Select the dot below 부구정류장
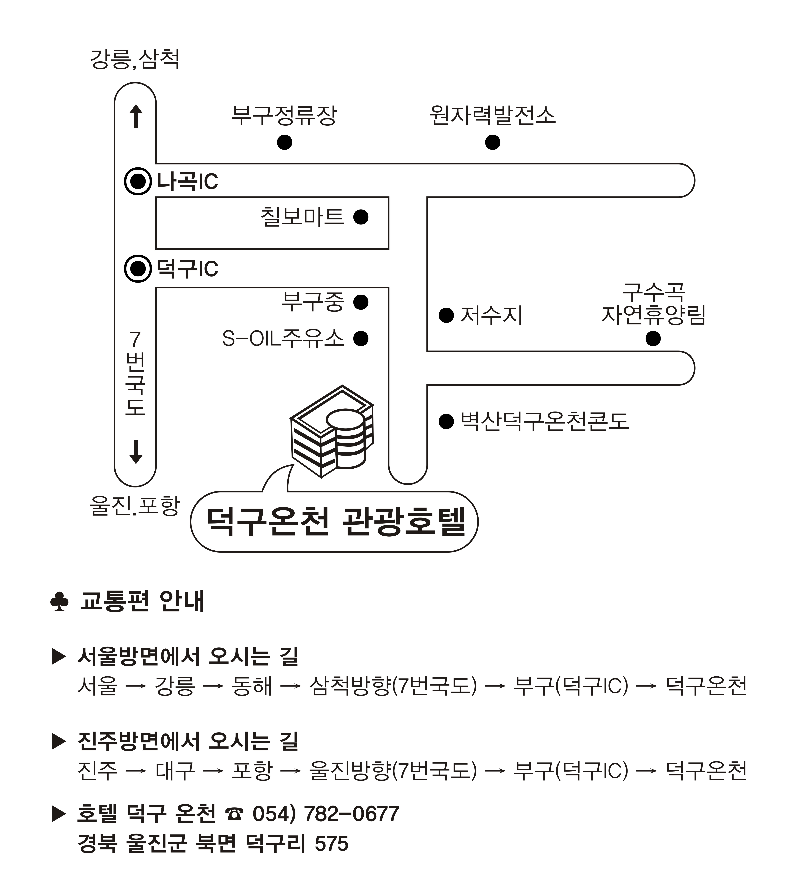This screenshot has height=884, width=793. pos(285,142)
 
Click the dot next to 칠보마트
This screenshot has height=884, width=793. pos(361,217)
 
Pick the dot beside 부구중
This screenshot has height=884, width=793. pos(361,302)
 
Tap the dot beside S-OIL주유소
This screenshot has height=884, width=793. pos(361,338)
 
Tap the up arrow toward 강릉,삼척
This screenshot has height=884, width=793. pos(136,116)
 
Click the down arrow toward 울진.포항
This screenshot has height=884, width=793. pos(136,452)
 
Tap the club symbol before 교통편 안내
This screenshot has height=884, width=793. pos(59,602)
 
